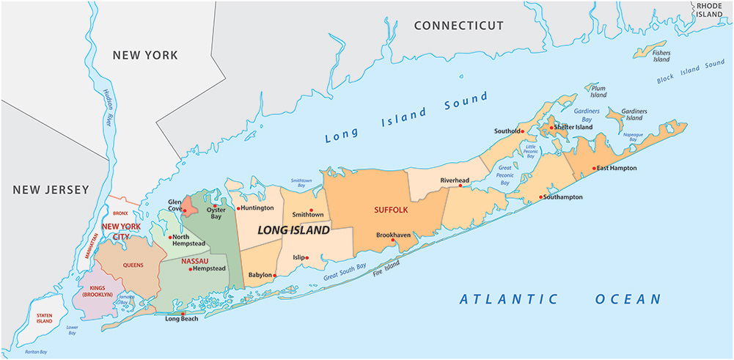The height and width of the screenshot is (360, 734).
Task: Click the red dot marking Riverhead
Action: click(x=460, y=185)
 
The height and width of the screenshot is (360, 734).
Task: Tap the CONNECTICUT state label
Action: click(x=458, y=26)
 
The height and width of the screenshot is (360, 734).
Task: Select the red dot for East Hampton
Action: click(x=593, y=168)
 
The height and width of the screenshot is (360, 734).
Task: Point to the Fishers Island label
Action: click(x=661, y=56)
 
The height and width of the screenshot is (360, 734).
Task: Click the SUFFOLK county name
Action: click(x=390, y=210)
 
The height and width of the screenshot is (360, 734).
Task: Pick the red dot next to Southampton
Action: click(x=541, y=197)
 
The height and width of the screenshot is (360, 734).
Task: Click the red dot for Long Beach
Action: click(x=181, y=314)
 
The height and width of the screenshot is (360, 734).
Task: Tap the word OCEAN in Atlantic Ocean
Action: click(x=628, y=299)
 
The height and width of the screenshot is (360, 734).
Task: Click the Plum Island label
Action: click(x=598, y=91)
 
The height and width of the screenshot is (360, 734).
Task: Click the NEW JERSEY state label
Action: click(x=50, y=190)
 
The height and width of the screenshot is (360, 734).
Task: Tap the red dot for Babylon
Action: click(x=275, y=275)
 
